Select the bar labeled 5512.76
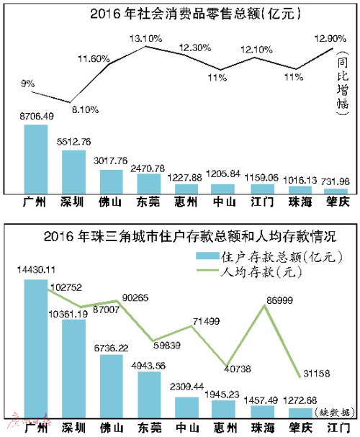[x=73, y=171]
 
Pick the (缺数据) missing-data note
[x=335, y=410]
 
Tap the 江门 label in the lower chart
[x=336, y=426]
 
